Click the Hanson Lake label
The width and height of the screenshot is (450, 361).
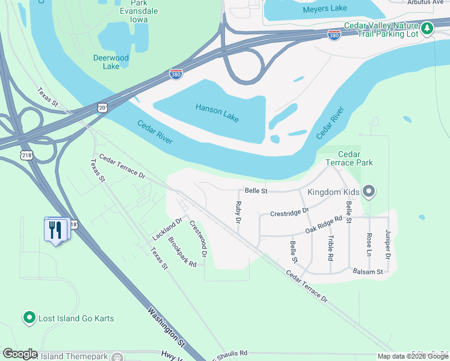coord(217,113)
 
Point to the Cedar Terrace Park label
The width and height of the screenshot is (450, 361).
coord(349,158)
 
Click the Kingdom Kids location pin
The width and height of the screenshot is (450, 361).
coord(369,192)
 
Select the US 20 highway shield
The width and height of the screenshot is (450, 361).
coord(102,107)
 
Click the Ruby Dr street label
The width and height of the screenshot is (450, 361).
coord(238,214)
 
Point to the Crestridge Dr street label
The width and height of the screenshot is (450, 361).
coord(289,212)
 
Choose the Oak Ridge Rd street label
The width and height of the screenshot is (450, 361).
coord(328,225)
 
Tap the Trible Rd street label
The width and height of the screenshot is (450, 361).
coord(330,247)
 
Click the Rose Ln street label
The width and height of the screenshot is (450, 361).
coord(369,242)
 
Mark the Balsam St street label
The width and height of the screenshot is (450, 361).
coord(368,272)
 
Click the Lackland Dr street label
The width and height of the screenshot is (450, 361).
coord(167,229)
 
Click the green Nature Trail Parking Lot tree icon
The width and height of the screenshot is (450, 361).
coord(427,28)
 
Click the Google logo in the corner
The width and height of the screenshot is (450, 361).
coord(20,354)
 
